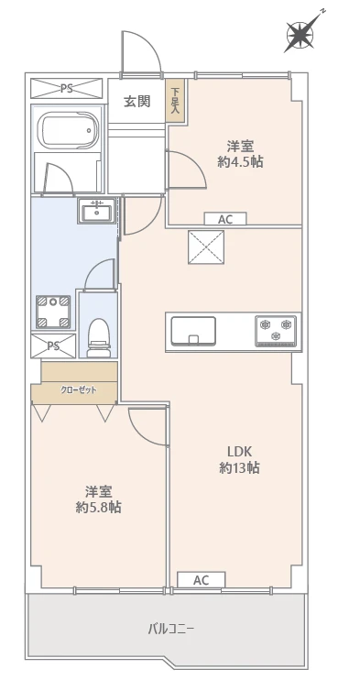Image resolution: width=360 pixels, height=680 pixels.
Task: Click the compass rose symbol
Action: tap(300, 34)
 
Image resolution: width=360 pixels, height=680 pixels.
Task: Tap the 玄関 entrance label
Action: tap(138, 101)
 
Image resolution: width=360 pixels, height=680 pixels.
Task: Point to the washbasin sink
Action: tap(96, 211)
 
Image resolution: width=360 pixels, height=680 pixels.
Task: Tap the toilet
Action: tap(97, 335)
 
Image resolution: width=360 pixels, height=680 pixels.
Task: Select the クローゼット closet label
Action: tap(78, 390)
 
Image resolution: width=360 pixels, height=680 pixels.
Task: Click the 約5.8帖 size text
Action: tap(99, 507)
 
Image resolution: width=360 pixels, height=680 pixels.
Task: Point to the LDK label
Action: tap(240, 450)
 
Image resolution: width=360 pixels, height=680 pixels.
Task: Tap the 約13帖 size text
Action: tap(240, 468)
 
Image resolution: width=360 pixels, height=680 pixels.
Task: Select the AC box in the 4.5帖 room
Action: tap(225, 219)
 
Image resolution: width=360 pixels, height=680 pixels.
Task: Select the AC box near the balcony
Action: tap(201, 580)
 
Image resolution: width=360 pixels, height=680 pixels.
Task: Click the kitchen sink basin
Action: tap(193, 329)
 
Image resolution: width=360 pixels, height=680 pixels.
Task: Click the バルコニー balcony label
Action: tap(171, 629)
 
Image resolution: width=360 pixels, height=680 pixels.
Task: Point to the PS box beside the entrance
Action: tap(67, 89)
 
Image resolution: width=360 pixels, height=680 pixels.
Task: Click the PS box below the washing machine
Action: tap(53, 345)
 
